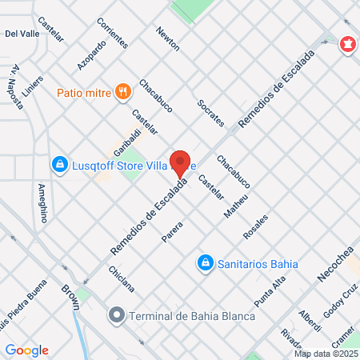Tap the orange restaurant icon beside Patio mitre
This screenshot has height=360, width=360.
[122, 90]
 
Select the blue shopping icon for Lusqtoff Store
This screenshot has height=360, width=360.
[58, 165]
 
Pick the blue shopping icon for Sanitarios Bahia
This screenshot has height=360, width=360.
[206, 262]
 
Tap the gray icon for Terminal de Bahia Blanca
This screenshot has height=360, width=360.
[117, 314]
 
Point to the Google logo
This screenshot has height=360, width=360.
[27, 350]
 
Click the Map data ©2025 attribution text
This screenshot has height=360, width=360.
[325, 354]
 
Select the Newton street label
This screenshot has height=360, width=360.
[168, 38]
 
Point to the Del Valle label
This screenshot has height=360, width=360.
[22, 34]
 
